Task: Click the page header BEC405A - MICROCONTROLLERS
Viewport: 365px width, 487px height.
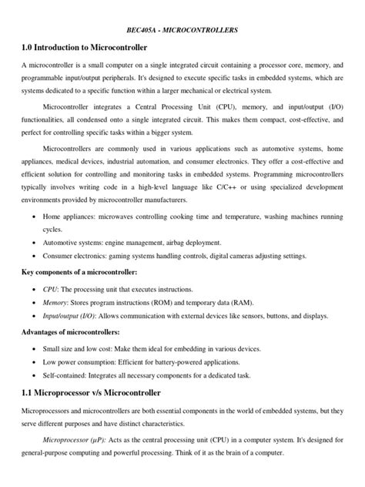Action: pos(182,30)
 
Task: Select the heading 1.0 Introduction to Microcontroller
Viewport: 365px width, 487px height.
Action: pos(90,49)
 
